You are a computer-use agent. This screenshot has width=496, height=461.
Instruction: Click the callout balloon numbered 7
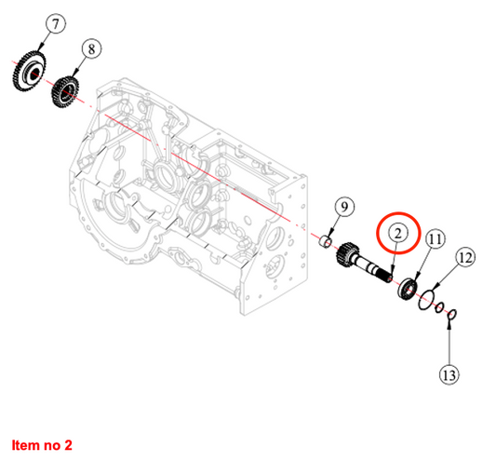point(56,24)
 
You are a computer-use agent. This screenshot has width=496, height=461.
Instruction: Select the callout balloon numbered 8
point(91,49)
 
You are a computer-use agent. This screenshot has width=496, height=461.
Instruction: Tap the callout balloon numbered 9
point(344,207)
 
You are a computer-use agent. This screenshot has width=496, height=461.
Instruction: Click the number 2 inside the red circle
point(398,234)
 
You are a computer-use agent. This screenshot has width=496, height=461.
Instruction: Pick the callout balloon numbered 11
point(435,239)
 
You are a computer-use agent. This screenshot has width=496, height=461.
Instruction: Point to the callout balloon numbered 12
point(465,258)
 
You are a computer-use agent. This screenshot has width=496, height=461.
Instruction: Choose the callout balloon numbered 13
point(449,375)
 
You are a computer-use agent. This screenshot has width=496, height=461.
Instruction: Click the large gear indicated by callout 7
point(30,73)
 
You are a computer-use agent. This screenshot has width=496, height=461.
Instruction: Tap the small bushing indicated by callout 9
point(325,243)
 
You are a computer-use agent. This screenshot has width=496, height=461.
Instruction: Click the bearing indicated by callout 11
point(407,289)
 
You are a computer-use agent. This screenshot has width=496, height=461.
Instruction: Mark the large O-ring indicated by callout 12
point(426,300)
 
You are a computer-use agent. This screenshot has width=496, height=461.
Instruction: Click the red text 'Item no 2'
point(42,445)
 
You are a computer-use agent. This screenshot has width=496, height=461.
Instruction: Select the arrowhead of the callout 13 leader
point(449,323)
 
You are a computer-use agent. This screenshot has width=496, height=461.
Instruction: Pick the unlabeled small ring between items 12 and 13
point(439,307)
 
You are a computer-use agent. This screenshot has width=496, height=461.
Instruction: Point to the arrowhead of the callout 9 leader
point(330,234)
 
